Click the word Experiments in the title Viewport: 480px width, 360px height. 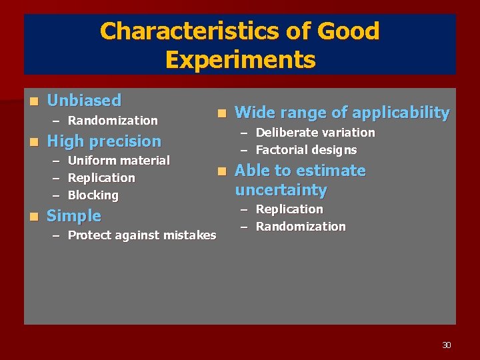pyautogui.click(x=240, y=60)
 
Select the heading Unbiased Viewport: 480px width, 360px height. pyautogui.click(x=84, y=101)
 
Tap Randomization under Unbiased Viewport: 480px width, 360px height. pyautogui.click(x=113, y=121)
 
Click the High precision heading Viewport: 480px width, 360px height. pyautogui.click(x=104, y=141)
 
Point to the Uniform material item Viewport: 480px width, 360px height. pyautogui.click(x=119, y=161)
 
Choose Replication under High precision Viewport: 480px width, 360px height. pyautogui.click(x=101, y=178)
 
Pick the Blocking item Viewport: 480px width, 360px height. pyautogui.click(x=93, y=195)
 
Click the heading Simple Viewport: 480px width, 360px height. pyautogui.click(x=74, y=216)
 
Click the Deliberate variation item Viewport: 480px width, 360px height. pyautogui.click(x=315, y=133)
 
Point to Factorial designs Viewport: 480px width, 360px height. pyautogui.click(x=306, y=150)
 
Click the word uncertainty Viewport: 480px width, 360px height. pyautogui.click(x=281, y=190)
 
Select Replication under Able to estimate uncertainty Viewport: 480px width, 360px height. pyautogui.click(x=289, y=209)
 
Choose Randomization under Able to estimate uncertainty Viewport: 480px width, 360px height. pyautogui.click(x=301, y=227)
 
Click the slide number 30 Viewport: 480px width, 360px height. pyautogui.click(x=447, y=345)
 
